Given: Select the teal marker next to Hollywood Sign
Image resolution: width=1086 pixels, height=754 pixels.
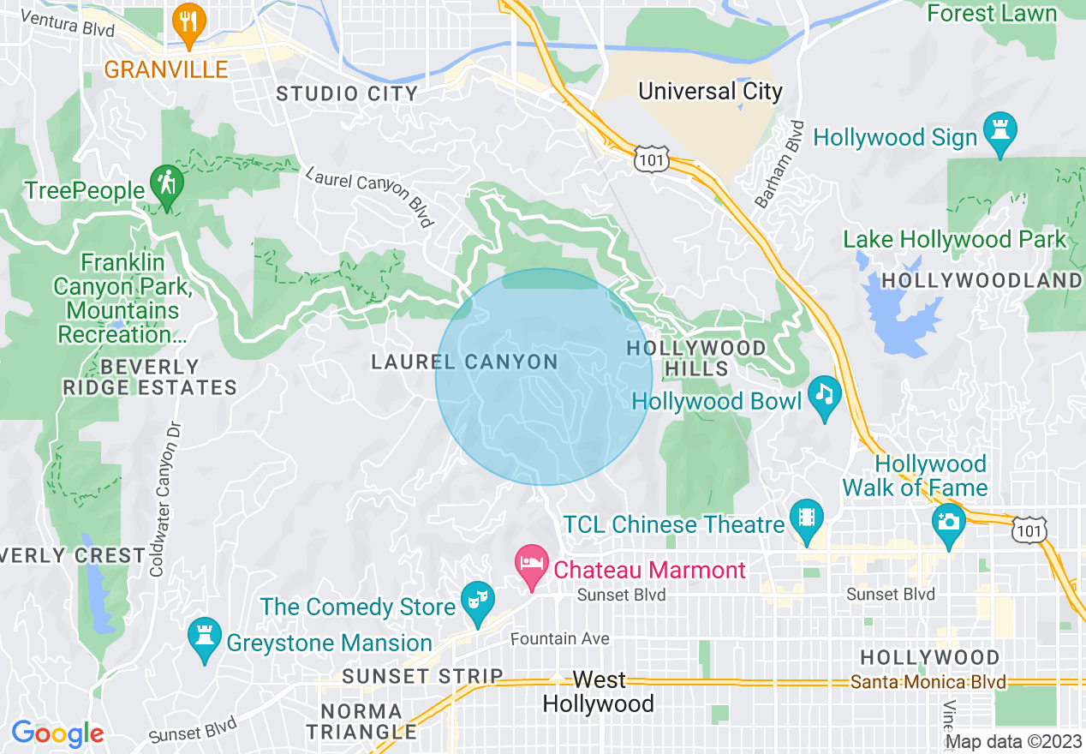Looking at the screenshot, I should (x=1000, y=132).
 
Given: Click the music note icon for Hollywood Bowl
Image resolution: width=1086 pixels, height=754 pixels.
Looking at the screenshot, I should (x=824, y=395).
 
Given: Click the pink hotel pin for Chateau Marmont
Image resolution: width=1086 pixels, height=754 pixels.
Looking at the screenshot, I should (x=531, y=565).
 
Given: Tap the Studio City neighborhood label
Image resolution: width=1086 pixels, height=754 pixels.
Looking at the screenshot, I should (x=347, y=93).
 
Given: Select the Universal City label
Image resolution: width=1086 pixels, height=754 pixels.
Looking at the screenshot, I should (x=710, y=91).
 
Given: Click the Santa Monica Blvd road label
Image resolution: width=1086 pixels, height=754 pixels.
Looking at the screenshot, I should (x=928, y=683).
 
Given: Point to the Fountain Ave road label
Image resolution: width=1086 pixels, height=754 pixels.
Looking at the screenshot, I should (x=559, y=638).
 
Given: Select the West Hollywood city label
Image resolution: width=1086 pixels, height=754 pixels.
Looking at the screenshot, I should (x=599, y=692).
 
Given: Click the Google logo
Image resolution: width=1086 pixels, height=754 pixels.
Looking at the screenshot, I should (x=57, y=733).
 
